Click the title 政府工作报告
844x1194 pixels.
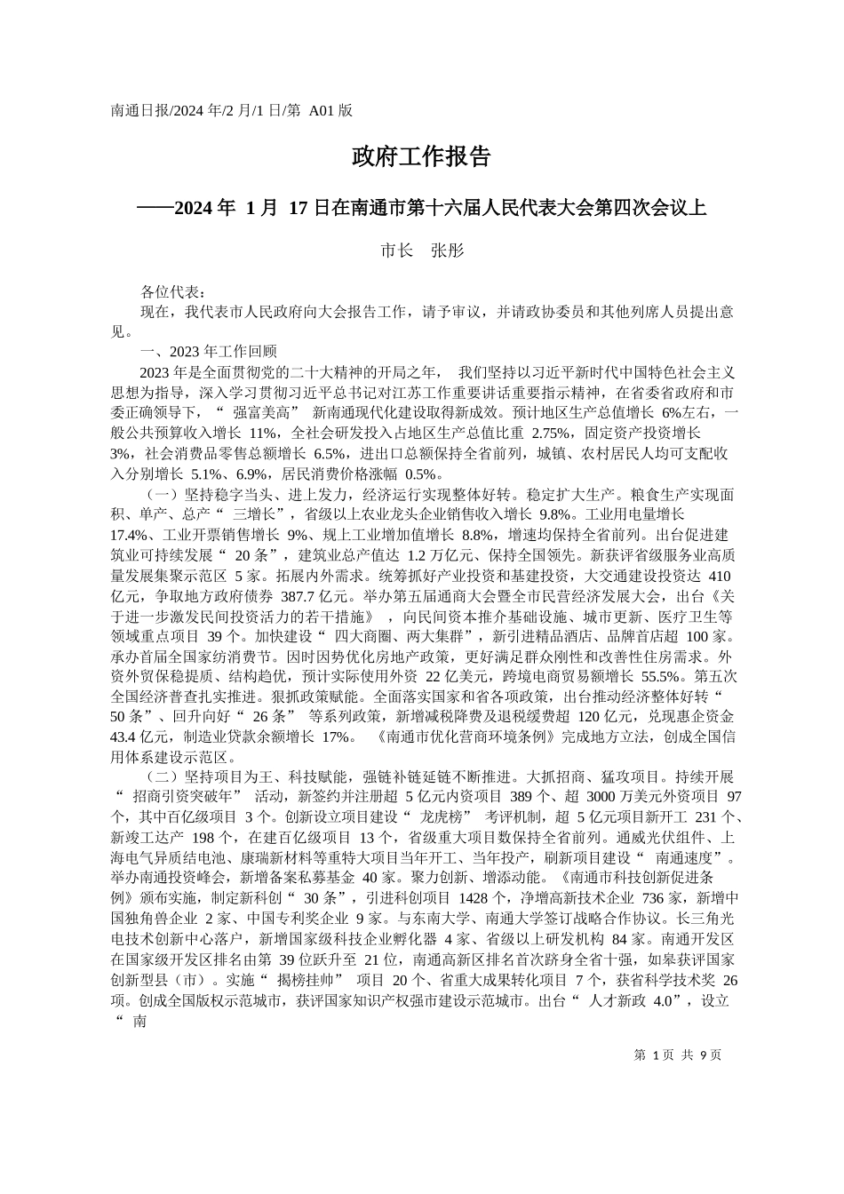click(x=421, y=158)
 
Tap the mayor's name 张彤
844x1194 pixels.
click(x=448, y=251)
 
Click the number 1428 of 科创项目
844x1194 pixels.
click(x=483, y=897)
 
